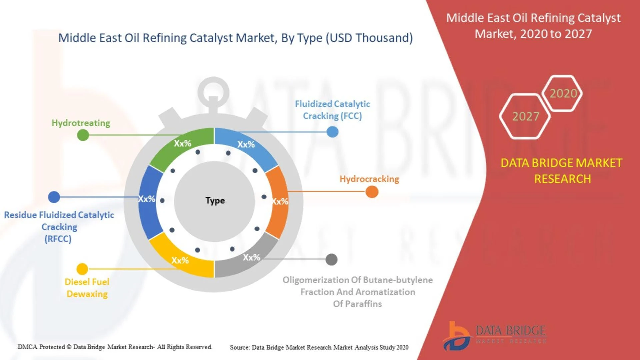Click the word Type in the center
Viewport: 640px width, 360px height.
215,201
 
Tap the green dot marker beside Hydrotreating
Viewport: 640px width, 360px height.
83,135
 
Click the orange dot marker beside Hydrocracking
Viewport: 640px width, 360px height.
372,192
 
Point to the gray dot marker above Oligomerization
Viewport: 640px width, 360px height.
331,259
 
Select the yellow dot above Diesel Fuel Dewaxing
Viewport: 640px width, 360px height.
82,269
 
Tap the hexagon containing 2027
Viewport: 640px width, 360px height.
525,116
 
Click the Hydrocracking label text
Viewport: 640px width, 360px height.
369,179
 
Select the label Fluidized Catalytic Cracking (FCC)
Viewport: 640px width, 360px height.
332,110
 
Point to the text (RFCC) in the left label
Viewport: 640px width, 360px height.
58,239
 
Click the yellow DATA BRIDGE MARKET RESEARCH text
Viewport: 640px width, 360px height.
562,171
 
